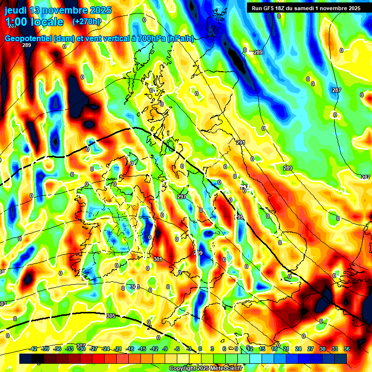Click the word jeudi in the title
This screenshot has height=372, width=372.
tap(17, 10)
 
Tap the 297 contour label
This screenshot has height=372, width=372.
tap(182, 197)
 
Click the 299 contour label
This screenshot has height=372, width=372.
tap(198, 253)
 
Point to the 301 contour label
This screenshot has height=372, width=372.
tap(158, 259)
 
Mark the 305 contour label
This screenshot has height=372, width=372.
tap(110, 316)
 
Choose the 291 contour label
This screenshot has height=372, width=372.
tap(241, 142)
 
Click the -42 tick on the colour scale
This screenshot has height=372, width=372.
tap(33, 349)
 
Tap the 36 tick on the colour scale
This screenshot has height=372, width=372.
tap(347, 349)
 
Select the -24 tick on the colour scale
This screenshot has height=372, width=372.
tap(106, 349)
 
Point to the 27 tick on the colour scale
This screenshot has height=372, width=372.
tap(310, 349)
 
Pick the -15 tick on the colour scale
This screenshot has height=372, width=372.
tap(142, 349)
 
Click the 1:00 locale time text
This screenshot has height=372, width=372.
tap(34, 22)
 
